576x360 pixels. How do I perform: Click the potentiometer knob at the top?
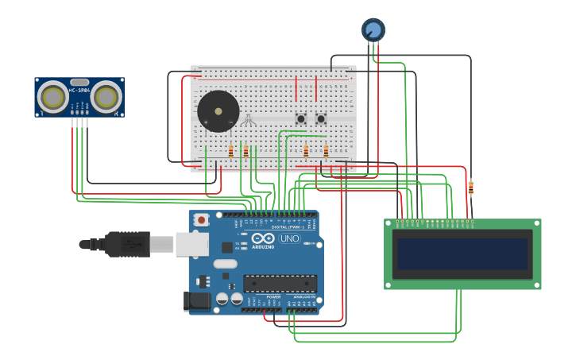[x=373, y=30]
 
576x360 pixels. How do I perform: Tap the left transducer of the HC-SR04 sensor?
[x=54, y=97]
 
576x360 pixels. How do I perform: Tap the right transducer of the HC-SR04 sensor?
[x=105, y=97]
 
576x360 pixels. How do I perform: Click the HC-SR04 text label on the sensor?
[x=79, y=90]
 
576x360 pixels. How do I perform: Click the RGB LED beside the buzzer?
[x=248, y=120]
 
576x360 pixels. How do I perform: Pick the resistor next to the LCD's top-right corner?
[x=470, y=188]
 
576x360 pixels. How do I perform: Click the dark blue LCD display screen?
[x=462, y=254]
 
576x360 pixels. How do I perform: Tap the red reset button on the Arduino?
[x=202, y=219]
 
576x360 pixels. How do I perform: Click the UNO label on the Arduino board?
[x=289, y=238]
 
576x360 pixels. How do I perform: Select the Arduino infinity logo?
[x=263, y=238]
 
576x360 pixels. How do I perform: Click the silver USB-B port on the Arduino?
[x=191, y=244]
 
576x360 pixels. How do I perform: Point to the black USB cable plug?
[x=127, y=244]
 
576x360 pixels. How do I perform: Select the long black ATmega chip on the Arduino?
[x=280, y=284]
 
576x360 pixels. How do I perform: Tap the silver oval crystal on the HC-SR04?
[x=79, y=82]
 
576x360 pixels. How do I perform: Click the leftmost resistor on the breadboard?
[x=231, y=151]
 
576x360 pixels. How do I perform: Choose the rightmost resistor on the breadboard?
[x=326, y=151]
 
